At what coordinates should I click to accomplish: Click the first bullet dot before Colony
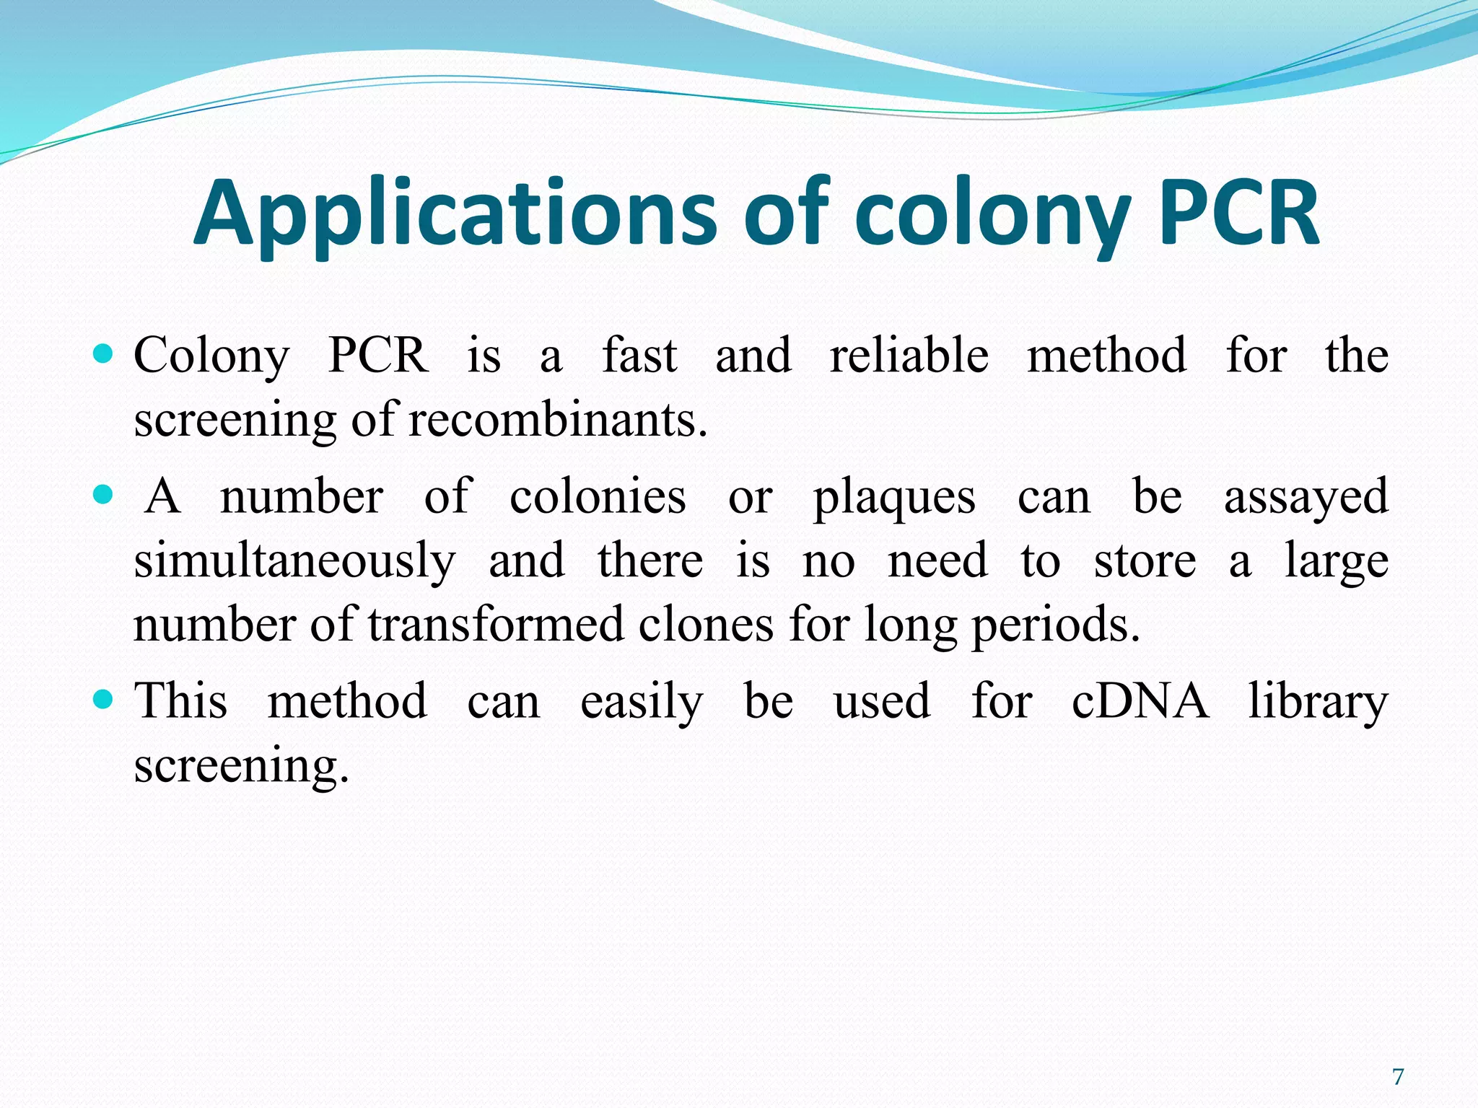point(104,353)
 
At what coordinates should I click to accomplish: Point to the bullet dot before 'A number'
point(104,495)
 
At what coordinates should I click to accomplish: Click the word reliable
point(909,355)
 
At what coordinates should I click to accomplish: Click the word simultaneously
point(294,561)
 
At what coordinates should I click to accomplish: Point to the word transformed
point(497,624)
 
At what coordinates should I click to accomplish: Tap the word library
point(1318,701)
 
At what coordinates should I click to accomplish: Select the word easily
point(642,702)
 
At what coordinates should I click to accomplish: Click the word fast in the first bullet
point(639,355)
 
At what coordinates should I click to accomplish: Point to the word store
point(1145,561)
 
